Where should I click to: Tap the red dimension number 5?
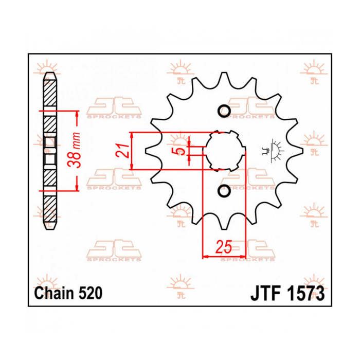click(x=181, y=151)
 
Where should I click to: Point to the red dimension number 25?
click(x=224, y=247)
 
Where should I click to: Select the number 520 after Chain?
click(x=90, y=294)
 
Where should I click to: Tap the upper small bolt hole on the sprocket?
click(x=224, y=111)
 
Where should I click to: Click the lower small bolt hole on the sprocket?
click(x=224, y=191)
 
